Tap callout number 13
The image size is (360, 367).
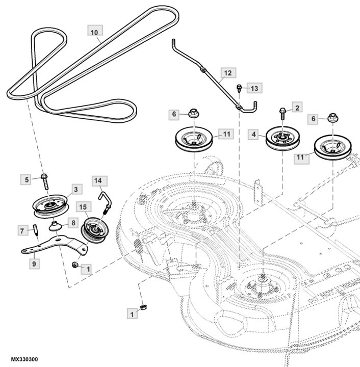pyautogui.click(x=254, y=89)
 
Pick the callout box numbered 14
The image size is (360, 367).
pyautogui.click(x=98, y=180)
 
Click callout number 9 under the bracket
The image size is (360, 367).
pyautogui.click(x=34, y=264)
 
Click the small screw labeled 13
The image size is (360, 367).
pyautogui.click(x=238, y=90)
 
